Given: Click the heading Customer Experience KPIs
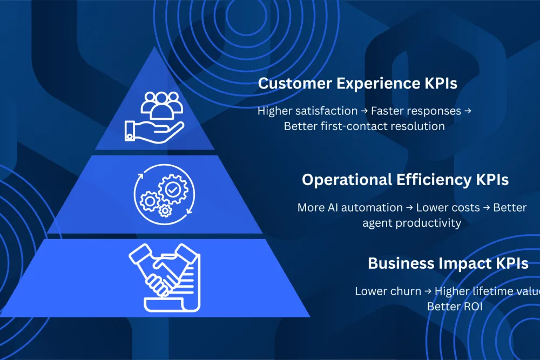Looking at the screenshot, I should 357,84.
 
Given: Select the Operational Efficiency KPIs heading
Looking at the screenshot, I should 405,180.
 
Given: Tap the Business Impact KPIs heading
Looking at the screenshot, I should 448,263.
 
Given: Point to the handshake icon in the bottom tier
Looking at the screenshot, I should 165,277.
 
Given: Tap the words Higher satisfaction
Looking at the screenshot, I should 307,111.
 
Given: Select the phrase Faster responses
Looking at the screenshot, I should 415,111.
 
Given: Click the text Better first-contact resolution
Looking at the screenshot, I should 364,126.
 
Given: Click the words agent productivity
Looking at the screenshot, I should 412,222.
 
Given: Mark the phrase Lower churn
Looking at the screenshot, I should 388,291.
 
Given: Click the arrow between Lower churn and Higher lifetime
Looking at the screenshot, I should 428,291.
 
